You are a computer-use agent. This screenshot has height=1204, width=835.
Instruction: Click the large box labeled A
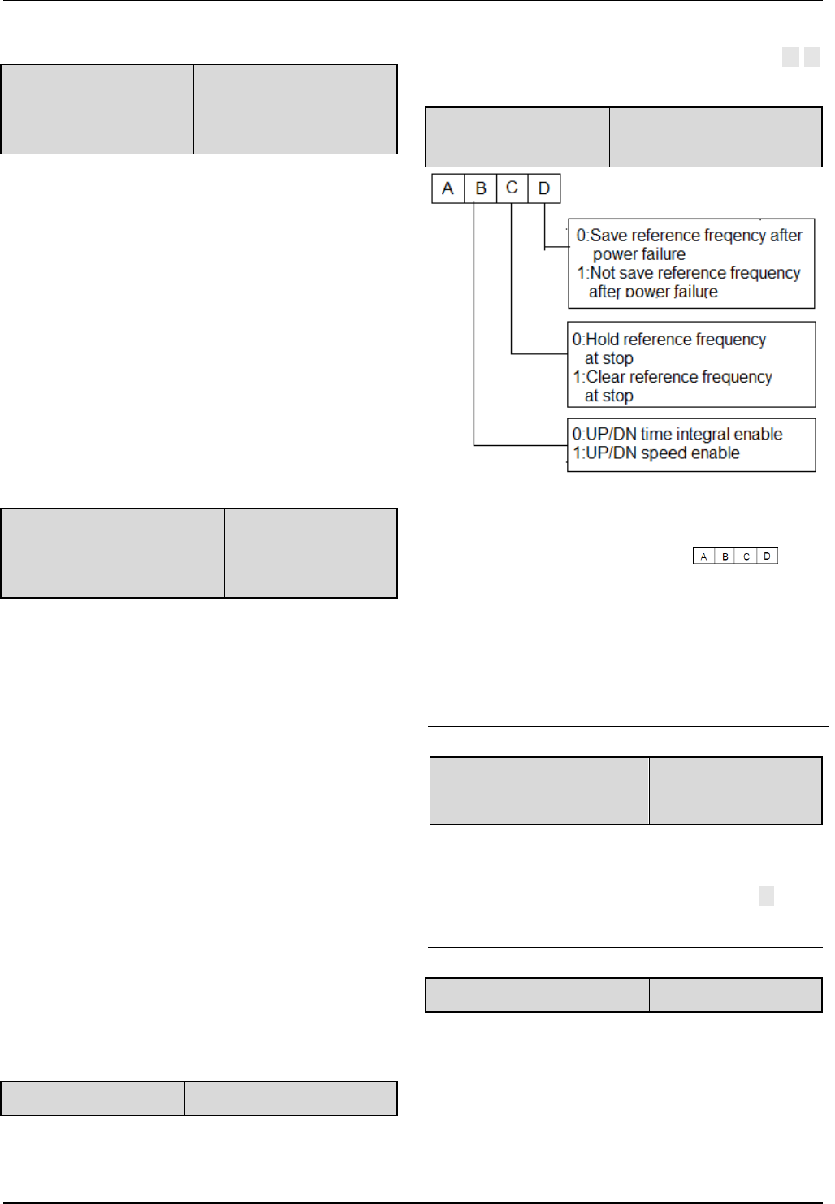click(448, 188)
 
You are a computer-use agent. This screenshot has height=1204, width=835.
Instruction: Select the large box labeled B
click(481, 188)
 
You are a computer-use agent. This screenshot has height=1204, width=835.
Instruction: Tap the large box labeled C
click(512, 188)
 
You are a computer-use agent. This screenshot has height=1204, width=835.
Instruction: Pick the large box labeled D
click(544, 188)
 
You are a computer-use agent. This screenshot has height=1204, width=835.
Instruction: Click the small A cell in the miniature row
click(703, 557)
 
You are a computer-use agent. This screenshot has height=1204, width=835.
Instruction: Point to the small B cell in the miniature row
click(725, 557)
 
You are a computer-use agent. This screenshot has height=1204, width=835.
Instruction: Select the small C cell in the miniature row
click(746, 557)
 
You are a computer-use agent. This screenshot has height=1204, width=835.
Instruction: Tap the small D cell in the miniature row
click(767, 557)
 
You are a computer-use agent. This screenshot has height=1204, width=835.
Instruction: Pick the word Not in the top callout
click(603, 273)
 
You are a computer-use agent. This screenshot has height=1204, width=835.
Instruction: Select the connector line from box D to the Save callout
click(545, 227)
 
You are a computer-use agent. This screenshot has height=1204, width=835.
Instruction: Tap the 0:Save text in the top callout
click(603, 236)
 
